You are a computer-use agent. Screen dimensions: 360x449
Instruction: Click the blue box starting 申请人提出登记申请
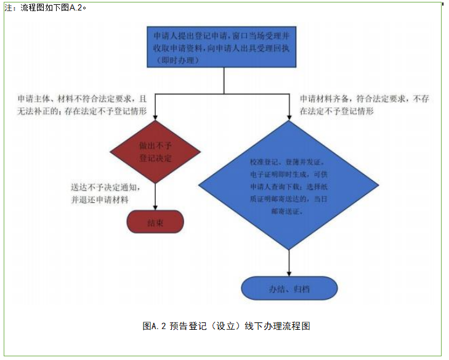pos(223,47)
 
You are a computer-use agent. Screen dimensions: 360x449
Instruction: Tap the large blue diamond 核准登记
pos(289,186)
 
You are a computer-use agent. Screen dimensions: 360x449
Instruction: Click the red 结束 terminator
pos(155,222)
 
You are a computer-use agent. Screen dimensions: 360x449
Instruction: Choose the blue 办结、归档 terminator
pos(289,288)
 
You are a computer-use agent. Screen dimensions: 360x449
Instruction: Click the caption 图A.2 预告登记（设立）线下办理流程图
pos(226,326)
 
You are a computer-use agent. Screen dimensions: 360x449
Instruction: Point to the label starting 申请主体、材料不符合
pos(83,99)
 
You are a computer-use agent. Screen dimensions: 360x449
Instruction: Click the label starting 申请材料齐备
pos(363,99)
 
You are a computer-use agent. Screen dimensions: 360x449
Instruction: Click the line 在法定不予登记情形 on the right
pos(338,112)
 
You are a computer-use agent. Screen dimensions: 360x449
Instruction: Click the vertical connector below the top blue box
pos(224,81)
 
